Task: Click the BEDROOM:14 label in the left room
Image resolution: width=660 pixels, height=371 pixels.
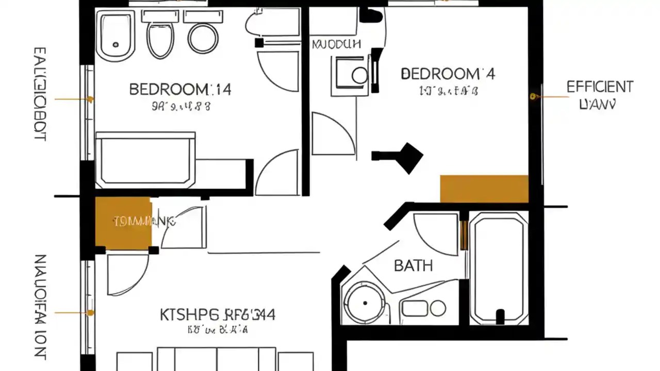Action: pos(180,90)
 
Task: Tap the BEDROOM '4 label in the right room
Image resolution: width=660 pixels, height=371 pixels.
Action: pos(448,74)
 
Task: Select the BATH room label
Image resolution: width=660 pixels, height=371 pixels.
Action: pos(413,266)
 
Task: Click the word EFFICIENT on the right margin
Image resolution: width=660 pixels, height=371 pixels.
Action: pos(600,87)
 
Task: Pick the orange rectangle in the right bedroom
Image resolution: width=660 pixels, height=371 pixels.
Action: pos(484,189)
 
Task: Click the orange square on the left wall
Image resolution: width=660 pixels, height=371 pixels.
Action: pos(123,222)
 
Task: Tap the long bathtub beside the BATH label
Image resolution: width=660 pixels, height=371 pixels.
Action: pos(499,268)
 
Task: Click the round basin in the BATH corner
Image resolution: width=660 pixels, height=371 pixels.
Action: pos(364,302)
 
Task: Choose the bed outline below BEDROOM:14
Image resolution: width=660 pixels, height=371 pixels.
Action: pos(146,159)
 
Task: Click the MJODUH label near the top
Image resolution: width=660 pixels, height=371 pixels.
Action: pos(336,44)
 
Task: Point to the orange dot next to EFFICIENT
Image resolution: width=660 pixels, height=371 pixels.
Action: pos(533,96)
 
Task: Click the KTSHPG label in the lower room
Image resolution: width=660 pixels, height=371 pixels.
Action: pos(217,314)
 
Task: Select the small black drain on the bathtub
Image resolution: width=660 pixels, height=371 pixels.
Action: pos(500,315)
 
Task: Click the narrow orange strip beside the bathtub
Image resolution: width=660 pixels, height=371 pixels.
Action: pos(464,234)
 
